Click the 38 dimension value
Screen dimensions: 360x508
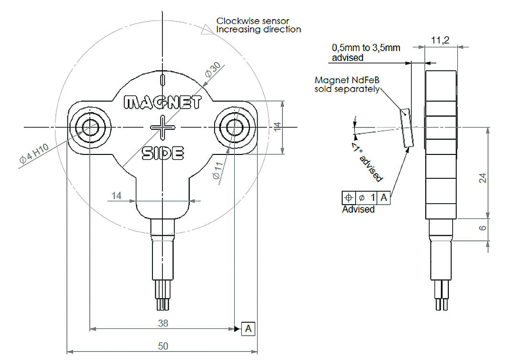(163, 323)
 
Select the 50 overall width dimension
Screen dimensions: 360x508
(163, 346)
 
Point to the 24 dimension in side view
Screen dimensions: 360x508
(483, 178)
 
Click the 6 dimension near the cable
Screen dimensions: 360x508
(483, 229)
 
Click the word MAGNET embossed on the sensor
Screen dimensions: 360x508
(162, 102)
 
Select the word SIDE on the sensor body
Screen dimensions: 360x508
(163, 153)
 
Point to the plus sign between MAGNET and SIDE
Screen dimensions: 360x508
(162, 128)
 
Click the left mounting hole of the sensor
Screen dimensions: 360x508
(89, 128)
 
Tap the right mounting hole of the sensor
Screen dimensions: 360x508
(235, 128)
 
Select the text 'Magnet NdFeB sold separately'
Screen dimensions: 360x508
(347, 84)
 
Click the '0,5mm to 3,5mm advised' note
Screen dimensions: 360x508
(366, 53)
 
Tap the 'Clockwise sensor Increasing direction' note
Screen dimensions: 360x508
(259, 25)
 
